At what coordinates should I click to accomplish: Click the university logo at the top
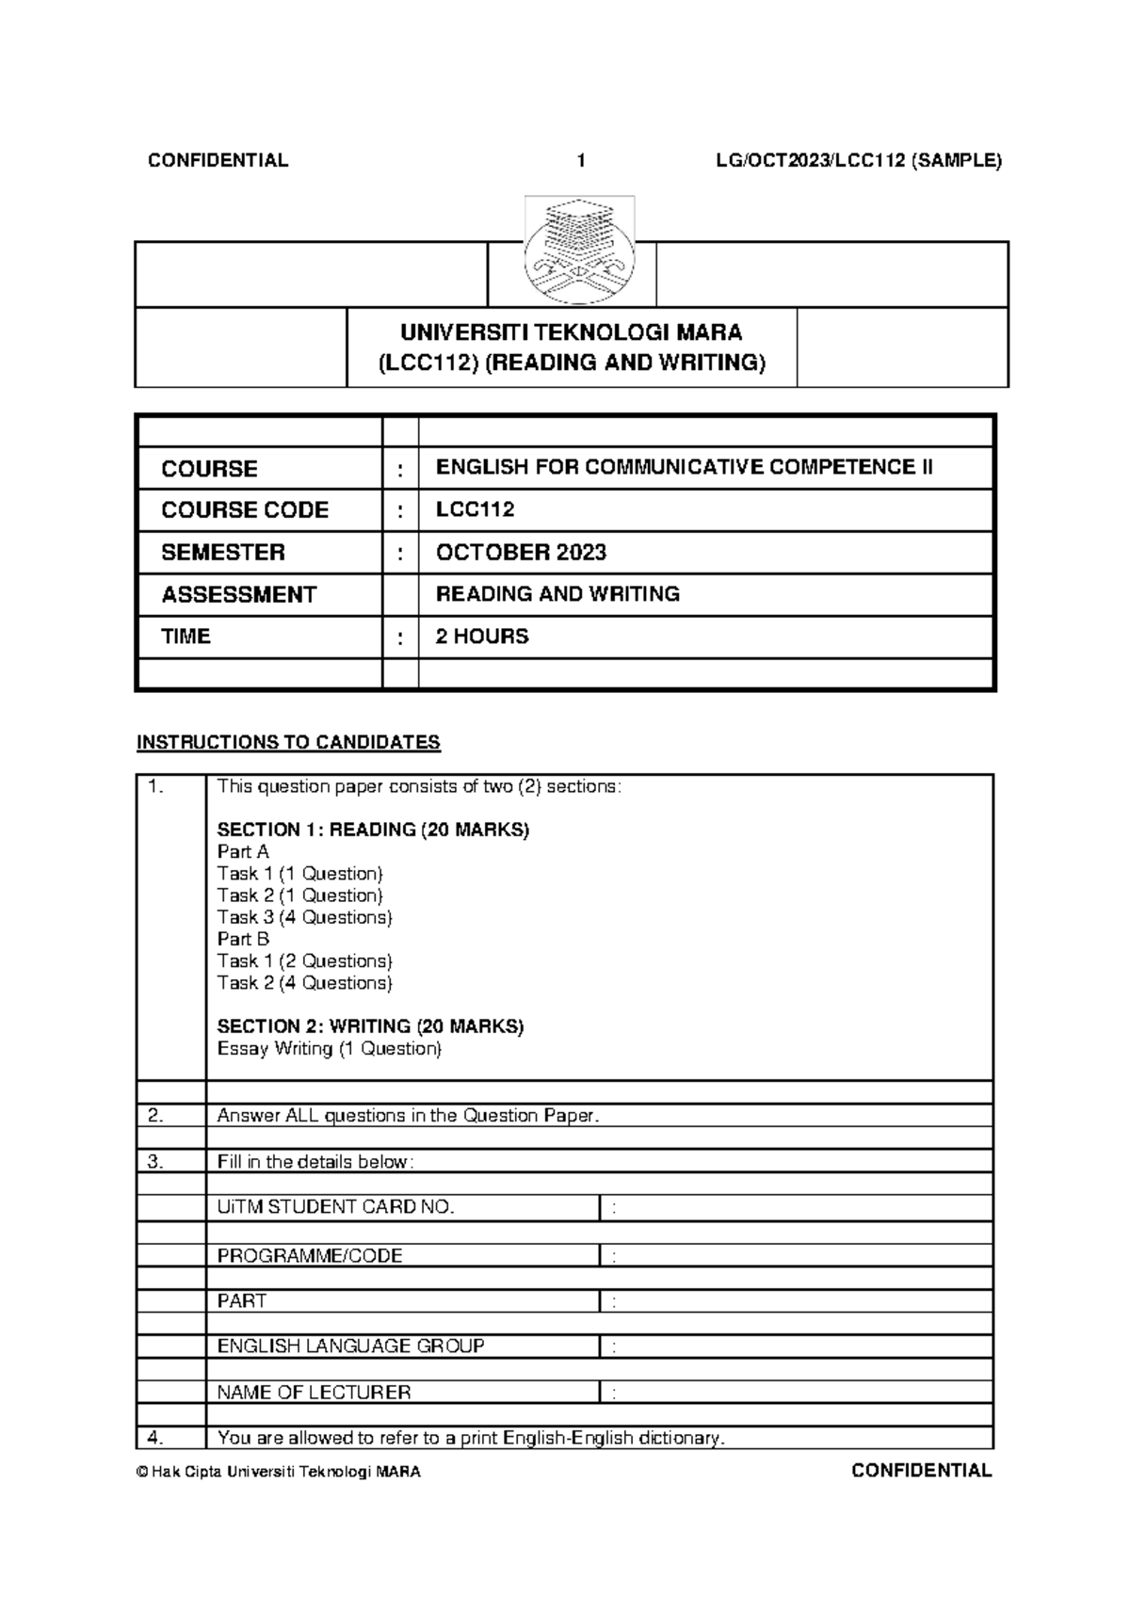pos(579,250)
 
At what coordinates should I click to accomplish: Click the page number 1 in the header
pos(581,161)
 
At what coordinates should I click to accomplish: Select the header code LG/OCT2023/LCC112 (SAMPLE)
pos(858,161)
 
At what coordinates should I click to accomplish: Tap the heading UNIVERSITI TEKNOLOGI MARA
pos(572,332)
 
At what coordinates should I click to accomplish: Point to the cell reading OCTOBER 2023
pos(521,553)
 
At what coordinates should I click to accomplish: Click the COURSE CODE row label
pos(245,510)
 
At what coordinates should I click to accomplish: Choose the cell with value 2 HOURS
pos(481,637)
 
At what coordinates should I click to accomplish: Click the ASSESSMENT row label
pos(238,595)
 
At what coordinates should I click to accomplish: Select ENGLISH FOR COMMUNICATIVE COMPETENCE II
pos(684,468)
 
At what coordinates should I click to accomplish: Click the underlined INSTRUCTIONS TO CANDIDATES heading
pos(288,742)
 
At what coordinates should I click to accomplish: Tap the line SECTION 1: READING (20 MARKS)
pos(373,830)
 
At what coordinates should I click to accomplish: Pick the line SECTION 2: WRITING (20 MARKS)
pos(370,1026)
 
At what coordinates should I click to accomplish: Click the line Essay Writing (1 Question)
pos(329,1049)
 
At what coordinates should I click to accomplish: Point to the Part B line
pos(243,939)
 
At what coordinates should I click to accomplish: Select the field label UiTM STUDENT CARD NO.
pos(335,1207)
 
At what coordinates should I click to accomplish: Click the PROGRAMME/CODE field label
pos(310,1255)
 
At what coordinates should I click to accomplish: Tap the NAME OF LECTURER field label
pos(314,1392)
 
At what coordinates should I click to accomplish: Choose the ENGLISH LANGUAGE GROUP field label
pos(350,1346)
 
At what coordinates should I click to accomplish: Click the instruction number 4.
pos(156,1438)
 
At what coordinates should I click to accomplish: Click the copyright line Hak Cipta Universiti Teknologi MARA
pos(279,1472)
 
